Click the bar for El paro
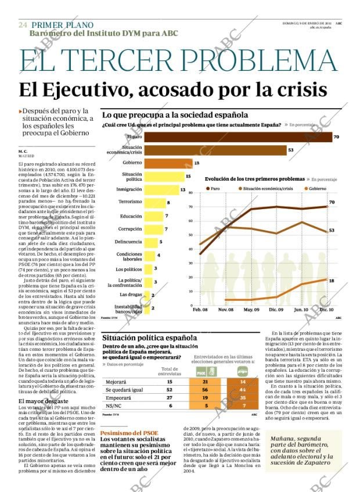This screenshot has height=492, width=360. pos(238,137)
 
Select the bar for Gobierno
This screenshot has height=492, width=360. pos(168,163)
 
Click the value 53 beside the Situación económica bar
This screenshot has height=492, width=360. pos(291,150)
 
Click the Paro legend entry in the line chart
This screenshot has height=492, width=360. pos(214,189)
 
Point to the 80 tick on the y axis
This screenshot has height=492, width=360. pos(207,193)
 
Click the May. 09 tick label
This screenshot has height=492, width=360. pos(251,310)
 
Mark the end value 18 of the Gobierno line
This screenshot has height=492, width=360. pos(331,281)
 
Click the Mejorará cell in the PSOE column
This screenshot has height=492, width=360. pos(206,382)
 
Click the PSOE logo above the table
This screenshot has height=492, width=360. pos(201,370)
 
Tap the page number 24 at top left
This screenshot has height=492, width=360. pos(23,25)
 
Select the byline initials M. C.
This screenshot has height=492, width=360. pos(24,151)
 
